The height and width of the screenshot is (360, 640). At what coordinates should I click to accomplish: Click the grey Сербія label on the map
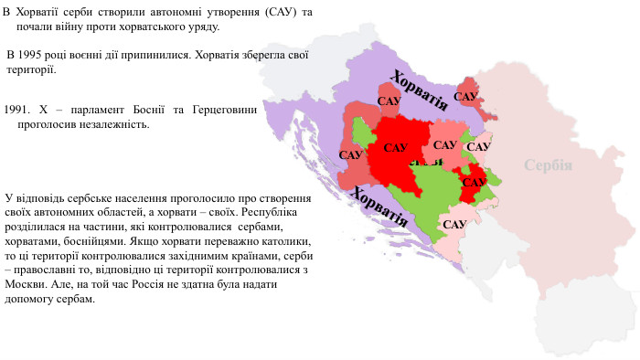[x=549, y=165]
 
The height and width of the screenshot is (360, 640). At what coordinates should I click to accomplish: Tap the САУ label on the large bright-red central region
[x=396, y=147]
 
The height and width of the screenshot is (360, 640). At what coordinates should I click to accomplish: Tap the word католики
[x=286, y=240]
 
